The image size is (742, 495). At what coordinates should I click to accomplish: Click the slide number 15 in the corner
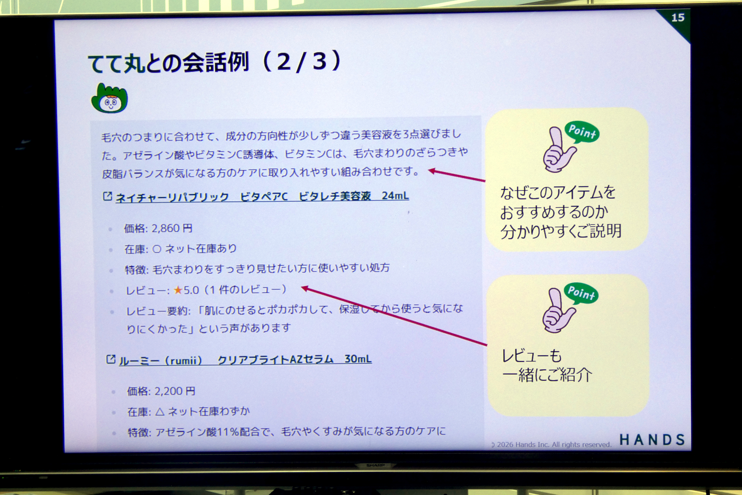pyautogui.click(x=678, y=18)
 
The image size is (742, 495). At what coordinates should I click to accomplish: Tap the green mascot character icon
pyautogui.click(x=109, y=98)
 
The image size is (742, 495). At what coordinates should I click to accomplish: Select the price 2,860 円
pyautogui.click(x=172, y=228)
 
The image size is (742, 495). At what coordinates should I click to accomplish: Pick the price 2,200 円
pyautogui.click(x=175, y=391)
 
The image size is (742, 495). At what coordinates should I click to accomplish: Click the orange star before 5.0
pyautogui.click(x=178, y=290)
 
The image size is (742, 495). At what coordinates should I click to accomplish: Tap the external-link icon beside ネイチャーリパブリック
pyautogui.click(x=107, y=196)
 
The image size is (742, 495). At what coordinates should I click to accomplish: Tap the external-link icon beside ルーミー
pyautogui.click(x=111, y=359)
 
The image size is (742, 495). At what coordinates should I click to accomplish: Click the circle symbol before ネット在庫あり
pyautogui.click(x=157, y=249)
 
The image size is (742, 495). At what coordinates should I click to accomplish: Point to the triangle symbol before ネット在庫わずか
pyautogui.click(x=160, y=411)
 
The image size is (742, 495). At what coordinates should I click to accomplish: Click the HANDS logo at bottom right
pyautogui.click(x=652, y=440)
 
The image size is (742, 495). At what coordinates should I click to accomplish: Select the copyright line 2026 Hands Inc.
pyautogui.click(x=551, y=445)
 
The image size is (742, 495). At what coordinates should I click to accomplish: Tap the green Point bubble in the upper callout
pyautogui.click(x=582, y=132)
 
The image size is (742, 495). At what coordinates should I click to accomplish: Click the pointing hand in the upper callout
pyautogui.click(x=558, y=150)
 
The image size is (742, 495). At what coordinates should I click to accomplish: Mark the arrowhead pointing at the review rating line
pyautogui.click(x=305, y=288)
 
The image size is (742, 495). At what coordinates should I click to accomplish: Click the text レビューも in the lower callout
pyautogui.click(x=532, y=355)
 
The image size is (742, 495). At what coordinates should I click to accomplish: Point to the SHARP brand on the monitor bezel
pyautogui.click(x=375, y=465)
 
